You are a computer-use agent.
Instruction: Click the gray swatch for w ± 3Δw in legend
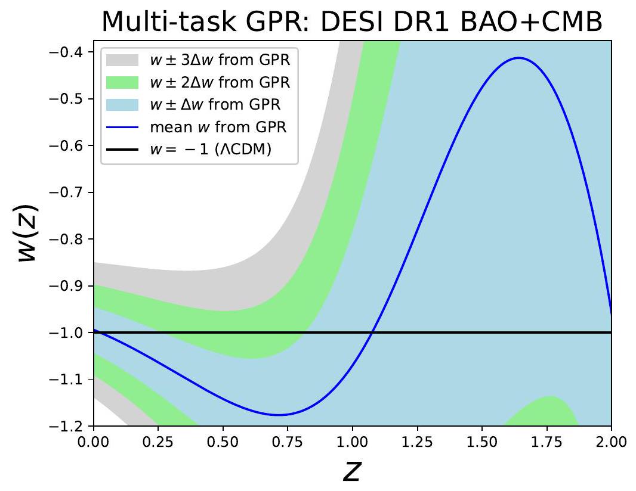[x=122, y=59]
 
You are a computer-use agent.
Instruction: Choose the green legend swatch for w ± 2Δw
[x=122, y=82]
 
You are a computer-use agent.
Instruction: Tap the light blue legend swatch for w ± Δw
[x=122, y=104]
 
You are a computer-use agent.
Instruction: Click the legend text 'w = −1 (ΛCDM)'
[x=211, y=149]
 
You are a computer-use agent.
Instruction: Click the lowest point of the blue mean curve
[x=279, y=415]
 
